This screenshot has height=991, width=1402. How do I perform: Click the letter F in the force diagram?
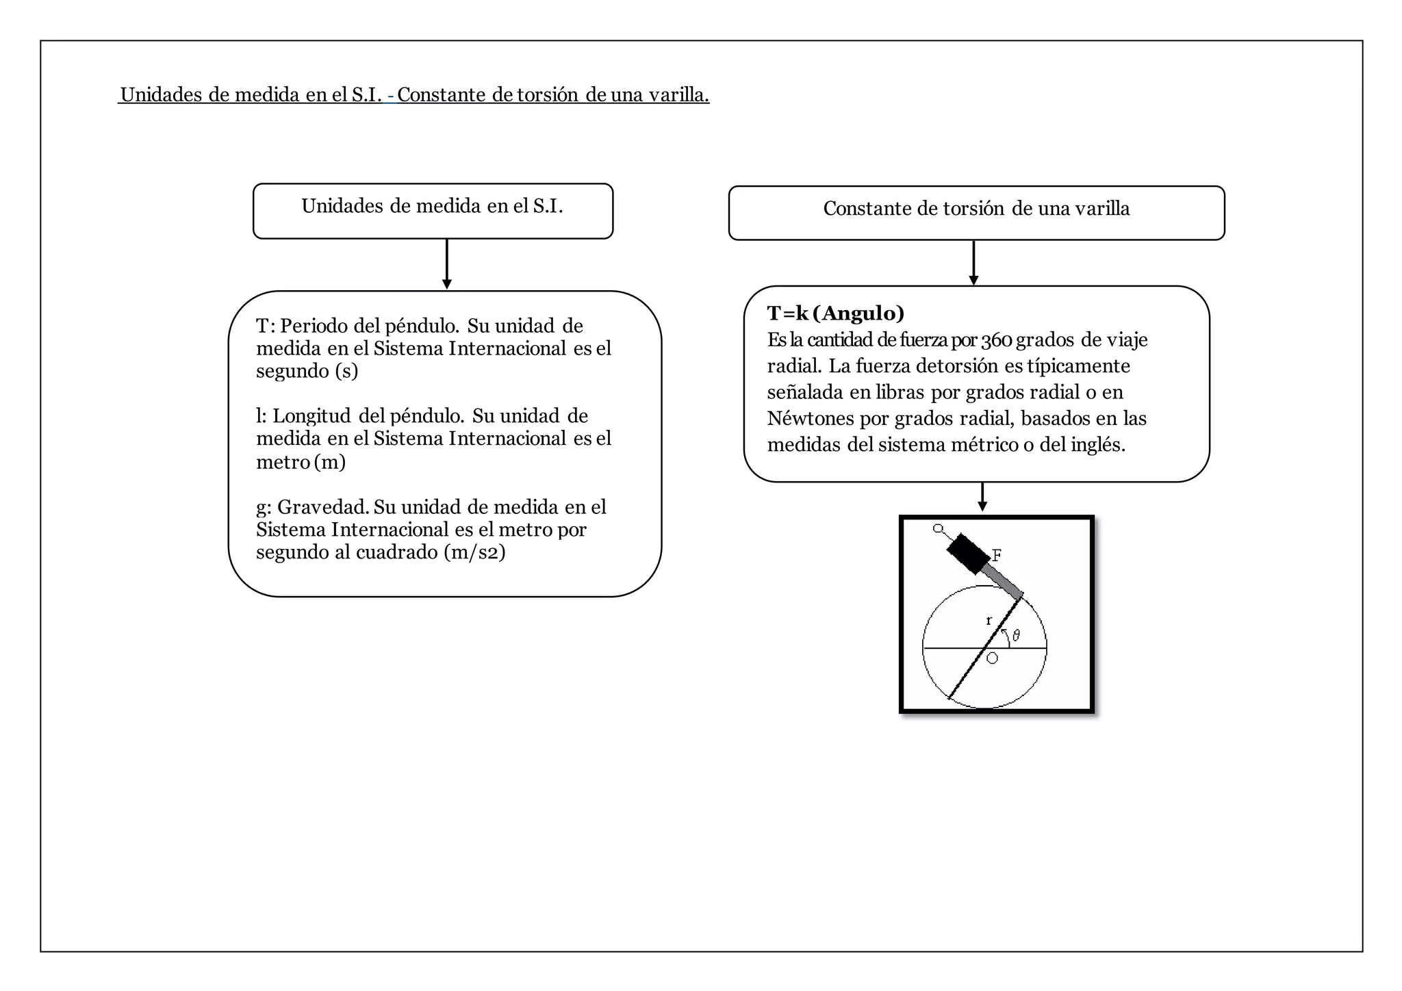point(997,555)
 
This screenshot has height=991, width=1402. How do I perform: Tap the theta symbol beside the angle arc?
point(1016,635)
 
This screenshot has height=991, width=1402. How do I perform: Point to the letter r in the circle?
point(989,621)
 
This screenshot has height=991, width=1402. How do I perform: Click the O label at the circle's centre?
point(992,658)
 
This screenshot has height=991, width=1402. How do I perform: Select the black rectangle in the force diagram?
point(968,553)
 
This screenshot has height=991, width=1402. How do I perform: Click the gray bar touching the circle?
point(1004,581)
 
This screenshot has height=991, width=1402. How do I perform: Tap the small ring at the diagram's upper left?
point(938,528)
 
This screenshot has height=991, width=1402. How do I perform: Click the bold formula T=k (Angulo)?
point(835,313)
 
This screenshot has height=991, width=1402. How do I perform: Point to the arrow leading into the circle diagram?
point(982,497)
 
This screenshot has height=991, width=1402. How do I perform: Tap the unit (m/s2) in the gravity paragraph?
point(474,552)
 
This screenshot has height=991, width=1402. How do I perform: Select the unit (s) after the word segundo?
point(346,371)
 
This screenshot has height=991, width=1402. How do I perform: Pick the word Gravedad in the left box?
point(322,507)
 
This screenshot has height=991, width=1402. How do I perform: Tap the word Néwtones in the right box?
point(811,419)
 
